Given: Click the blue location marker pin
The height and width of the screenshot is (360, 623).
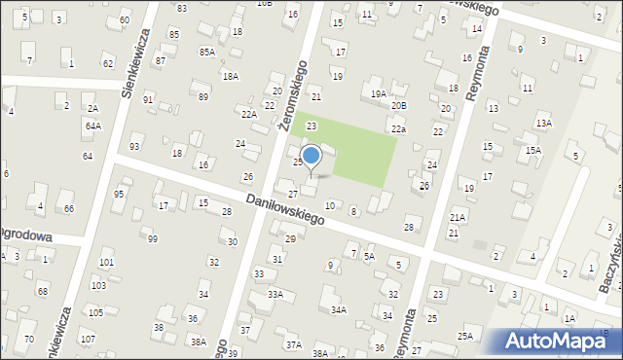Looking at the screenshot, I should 311,156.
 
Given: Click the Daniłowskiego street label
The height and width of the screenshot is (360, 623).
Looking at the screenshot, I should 285,208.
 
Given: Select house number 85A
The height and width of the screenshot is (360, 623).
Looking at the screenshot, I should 206,52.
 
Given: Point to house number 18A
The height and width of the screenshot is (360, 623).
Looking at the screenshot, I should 230,75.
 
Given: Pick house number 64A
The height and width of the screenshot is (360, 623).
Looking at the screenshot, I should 92,126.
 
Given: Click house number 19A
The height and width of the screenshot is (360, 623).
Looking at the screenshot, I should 378,93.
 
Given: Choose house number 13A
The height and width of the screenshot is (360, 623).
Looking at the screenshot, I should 543,123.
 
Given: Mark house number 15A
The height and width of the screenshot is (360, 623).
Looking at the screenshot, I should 532,150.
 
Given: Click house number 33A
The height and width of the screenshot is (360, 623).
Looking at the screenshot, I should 275,294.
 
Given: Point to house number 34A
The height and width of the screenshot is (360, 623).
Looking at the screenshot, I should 338,309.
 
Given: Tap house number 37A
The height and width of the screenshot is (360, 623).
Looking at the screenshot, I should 293,344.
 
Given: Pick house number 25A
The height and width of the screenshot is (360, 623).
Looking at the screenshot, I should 465,336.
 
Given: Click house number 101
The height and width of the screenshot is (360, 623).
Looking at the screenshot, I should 105,263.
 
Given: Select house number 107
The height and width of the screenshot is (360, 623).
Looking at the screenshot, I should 88,339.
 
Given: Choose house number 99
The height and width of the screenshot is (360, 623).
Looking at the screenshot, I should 153,238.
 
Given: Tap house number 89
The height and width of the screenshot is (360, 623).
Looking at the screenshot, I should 202,96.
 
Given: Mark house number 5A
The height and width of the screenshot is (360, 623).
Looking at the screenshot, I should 369,256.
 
